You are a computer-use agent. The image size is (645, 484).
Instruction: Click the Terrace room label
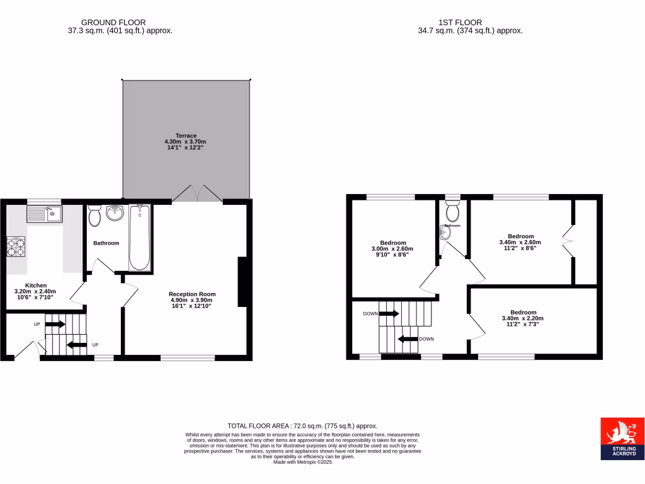[186, 135]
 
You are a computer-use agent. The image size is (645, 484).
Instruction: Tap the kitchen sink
[43, 214]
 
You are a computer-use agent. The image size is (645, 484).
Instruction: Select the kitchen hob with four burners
[16, 246]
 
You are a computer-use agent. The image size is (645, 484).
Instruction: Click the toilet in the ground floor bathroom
[95, 216]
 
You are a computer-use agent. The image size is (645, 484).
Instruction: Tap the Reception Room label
[192, 294]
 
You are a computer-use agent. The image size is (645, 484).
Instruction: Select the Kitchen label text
[35, 285]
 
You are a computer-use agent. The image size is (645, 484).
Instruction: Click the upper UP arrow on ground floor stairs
[55, 325]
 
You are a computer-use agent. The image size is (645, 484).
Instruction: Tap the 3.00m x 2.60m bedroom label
[393, 243]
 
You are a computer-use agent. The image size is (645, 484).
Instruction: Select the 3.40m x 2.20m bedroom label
[523, 313]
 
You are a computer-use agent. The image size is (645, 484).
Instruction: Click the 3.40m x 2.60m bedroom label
[520, 236]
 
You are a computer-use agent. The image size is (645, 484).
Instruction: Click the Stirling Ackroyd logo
[622, 438]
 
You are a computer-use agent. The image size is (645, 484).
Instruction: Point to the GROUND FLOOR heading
[118, 22]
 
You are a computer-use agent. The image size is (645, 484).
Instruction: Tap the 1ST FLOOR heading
[471, 22]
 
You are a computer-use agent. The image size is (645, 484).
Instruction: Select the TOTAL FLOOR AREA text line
[302, 426]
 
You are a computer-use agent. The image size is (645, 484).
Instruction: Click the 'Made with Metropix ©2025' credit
[302, 461]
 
